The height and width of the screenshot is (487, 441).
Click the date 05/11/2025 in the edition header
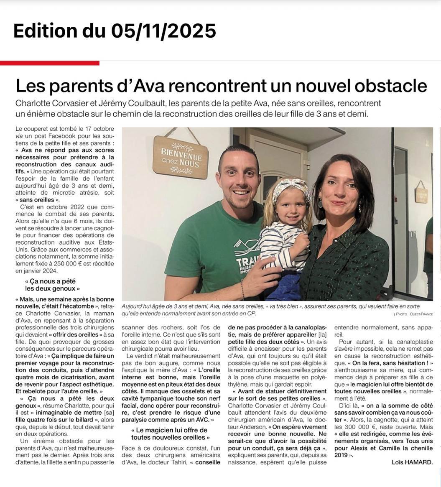163,30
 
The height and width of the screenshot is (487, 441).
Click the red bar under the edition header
50,63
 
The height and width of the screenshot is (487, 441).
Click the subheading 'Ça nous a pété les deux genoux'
52,285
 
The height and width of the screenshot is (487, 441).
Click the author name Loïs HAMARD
411,462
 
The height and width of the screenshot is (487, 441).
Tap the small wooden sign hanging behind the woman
421,195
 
